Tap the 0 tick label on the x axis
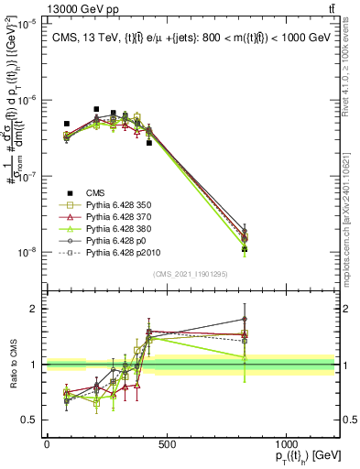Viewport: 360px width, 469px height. (47, 445)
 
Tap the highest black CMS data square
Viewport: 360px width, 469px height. (96, 109)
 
